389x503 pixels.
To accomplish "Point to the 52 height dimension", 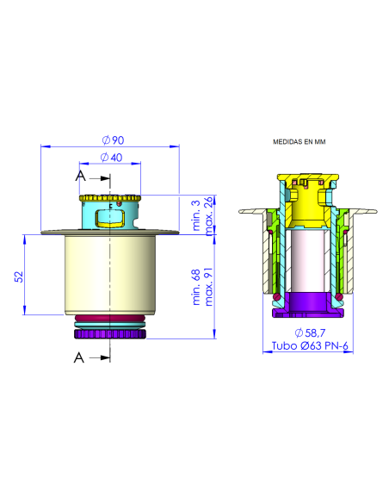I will click(18, 275).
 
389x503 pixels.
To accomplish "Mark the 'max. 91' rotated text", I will click(208, 287).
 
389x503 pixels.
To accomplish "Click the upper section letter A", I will click(80, 176).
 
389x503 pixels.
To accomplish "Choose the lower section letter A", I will click(80, 355).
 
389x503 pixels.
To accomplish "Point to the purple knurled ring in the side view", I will click(109, 332).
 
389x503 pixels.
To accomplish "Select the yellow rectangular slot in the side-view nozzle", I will click(108, 214).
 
